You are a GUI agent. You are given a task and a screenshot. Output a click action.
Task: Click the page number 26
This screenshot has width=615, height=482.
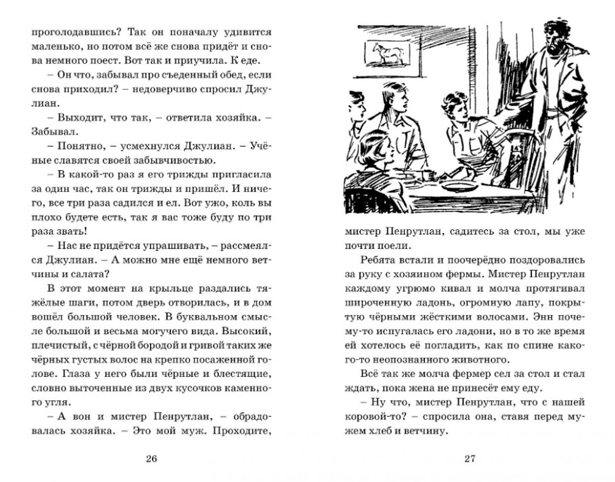tap(153, 457)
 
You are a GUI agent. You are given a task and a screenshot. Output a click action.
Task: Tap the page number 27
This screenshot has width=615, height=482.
tap(470, 457)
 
